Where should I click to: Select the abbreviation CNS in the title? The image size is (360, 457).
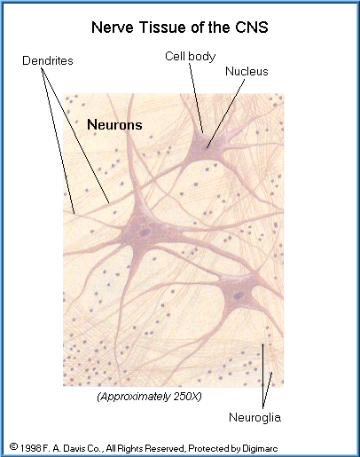(x=252, y=28)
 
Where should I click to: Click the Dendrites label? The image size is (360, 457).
(x=48, y=60)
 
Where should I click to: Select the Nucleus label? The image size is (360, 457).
(x=247, y=71)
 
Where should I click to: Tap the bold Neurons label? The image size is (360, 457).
(x=114, y=124)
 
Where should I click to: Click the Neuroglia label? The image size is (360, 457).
(x=254, y=417)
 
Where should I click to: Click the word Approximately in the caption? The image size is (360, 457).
(x=136, y=397)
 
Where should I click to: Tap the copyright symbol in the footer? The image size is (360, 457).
(x=13, y=446)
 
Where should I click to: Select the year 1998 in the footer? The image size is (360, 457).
(x=30, y=448)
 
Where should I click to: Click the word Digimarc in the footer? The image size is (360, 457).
(x=260, y=448)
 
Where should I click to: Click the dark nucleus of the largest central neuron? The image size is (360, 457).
(x=145, y=232)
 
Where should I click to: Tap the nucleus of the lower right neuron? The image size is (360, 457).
(x=239, y=295)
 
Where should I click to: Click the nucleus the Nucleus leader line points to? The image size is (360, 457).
(x=205, y=147)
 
